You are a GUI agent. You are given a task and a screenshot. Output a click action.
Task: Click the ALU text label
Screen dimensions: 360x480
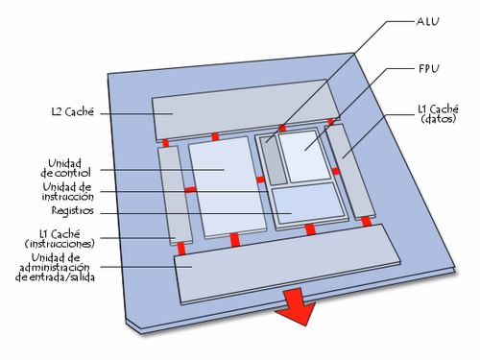point(428,21)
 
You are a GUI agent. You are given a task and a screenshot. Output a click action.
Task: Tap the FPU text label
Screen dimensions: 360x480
point(428,69)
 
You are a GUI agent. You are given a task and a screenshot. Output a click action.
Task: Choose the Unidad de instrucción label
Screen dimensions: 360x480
point(67,190)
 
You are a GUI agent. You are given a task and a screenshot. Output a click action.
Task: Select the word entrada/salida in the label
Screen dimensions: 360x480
point(68,276)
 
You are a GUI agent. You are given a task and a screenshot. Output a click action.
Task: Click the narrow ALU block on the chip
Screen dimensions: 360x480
point(275,161)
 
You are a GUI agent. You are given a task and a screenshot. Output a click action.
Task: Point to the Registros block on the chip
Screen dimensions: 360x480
point(306,203)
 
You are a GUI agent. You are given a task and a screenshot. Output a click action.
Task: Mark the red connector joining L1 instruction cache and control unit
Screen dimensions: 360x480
point(190,190)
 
